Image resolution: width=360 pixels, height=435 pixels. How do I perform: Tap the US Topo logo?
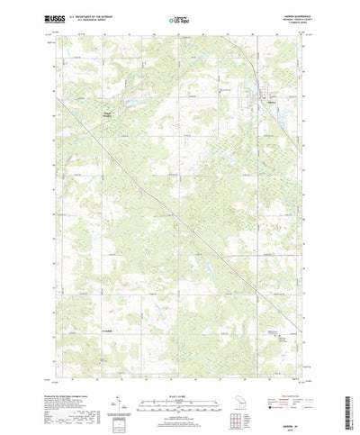click(179, 18)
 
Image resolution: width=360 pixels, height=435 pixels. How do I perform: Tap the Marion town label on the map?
click(263, 102)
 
